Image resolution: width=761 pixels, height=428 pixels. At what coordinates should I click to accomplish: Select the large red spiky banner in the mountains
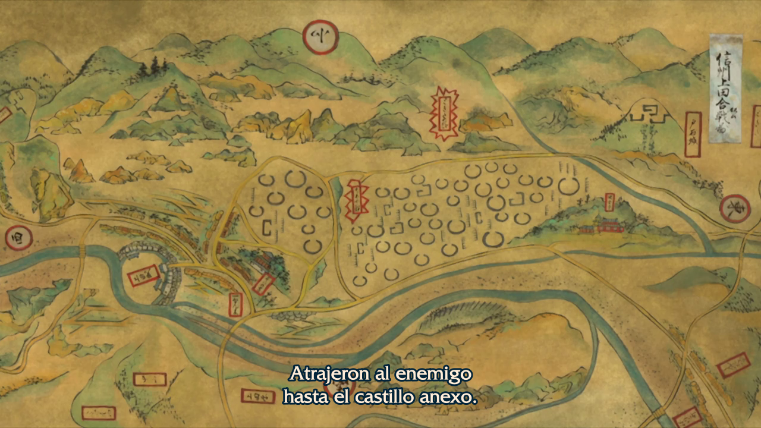[443, 113]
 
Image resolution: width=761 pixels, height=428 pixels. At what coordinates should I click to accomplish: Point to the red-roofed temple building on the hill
[608, 225]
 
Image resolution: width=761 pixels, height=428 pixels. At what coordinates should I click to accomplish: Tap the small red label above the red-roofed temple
[609, 202]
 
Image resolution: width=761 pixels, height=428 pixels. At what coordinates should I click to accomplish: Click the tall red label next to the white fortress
[692, 134]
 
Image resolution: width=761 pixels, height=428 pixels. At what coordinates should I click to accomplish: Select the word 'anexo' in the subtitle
[455, 396]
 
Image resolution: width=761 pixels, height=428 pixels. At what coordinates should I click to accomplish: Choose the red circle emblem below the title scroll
[735, 208]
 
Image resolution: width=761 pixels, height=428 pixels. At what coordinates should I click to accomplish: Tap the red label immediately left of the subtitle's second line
[257, 395]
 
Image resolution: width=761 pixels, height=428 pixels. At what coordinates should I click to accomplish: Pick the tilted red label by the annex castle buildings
[261, 284]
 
